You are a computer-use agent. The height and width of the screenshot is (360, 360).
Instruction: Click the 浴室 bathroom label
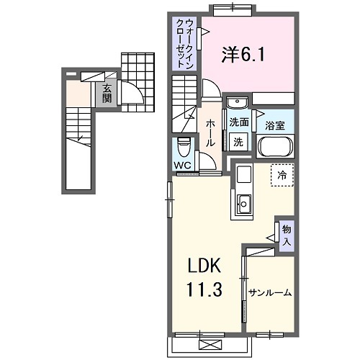pyautogui.click(x=275, y=125)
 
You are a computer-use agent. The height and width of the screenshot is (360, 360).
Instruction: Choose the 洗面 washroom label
pyautogui.click(x=239, y=122)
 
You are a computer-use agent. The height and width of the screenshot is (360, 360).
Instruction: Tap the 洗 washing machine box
pyautogui.click(x=238, y=142)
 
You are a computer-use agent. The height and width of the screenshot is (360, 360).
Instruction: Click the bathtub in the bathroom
pyautogui.click(x=276, y=146)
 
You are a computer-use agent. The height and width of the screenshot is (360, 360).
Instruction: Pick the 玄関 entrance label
pyautogui.click(x=107, y=94)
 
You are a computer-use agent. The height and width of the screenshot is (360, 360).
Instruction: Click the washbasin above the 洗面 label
pyautogui.click(x=239, y=102)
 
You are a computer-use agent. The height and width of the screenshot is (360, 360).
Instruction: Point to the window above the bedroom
pyautogui.click(x=232, y=9)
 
